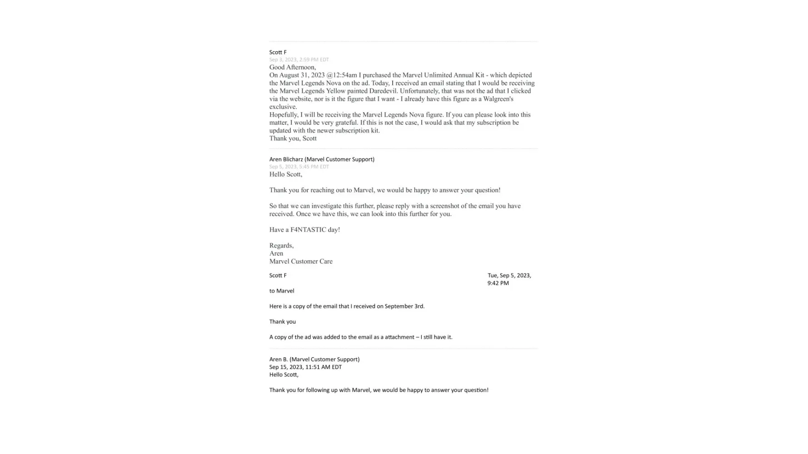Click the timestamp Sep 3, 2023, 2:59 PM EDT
(x=299, y=59)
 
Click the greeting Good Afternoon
(x=292, y=67)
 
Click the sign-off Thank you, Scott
(x=293, y=138)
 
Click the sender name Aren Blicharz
(x=286, y=159)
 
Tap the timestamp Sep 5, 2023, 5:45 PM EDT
(x=299, y=167)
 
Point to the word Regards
(x=281, y=246)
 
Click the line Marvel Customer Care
(x=301, y=262)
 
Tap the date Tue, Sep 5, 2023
(x=509, y=276)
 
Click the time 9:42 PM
(x=498, y=283)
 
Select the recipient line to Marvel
(x=281, y=291)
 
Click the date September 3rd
(x=404, y=306)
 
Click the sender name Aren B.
(x=278, y=360)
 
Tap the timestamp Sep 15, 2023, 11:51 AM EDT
(x=305, y=367)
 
